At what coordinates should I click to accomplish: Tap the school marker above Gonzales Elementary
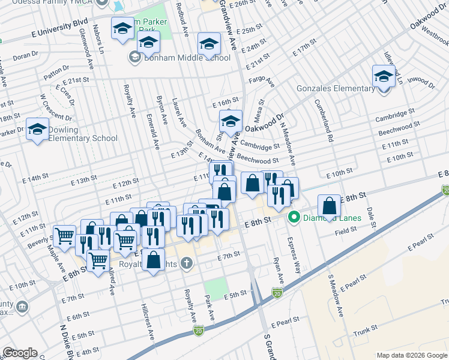click(384, 76)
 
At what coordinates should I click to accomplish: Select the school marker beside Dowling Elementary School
click(37, 129)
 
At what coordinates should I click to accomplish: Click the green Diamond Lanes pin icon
click(294, 217)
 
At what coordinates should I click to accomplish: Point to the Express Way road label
click(295, 254)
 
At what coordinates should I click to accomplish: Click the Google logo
click(20, 353)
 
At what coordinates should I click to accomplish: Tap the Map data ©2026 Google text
click(411, 355)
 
